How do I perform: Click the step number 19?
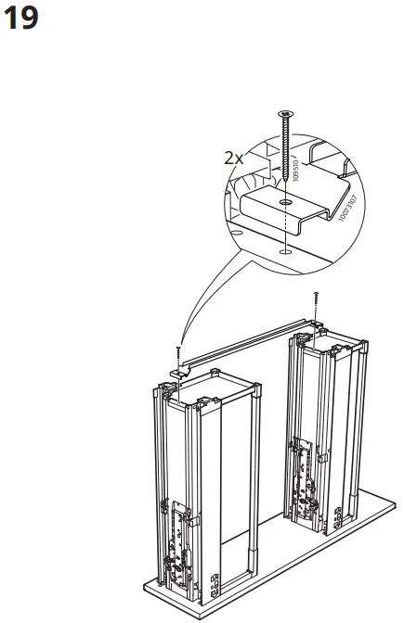click(22, 19)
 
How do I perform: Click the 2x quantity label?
click(234, 158)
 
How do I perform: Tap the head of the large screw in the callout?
click(284, 115)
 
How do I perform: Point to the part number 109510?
click(296, 168)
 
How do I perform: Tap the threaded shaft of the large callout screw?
click(284, 148)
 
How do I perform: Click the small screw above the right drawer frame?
click(318, 301)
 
